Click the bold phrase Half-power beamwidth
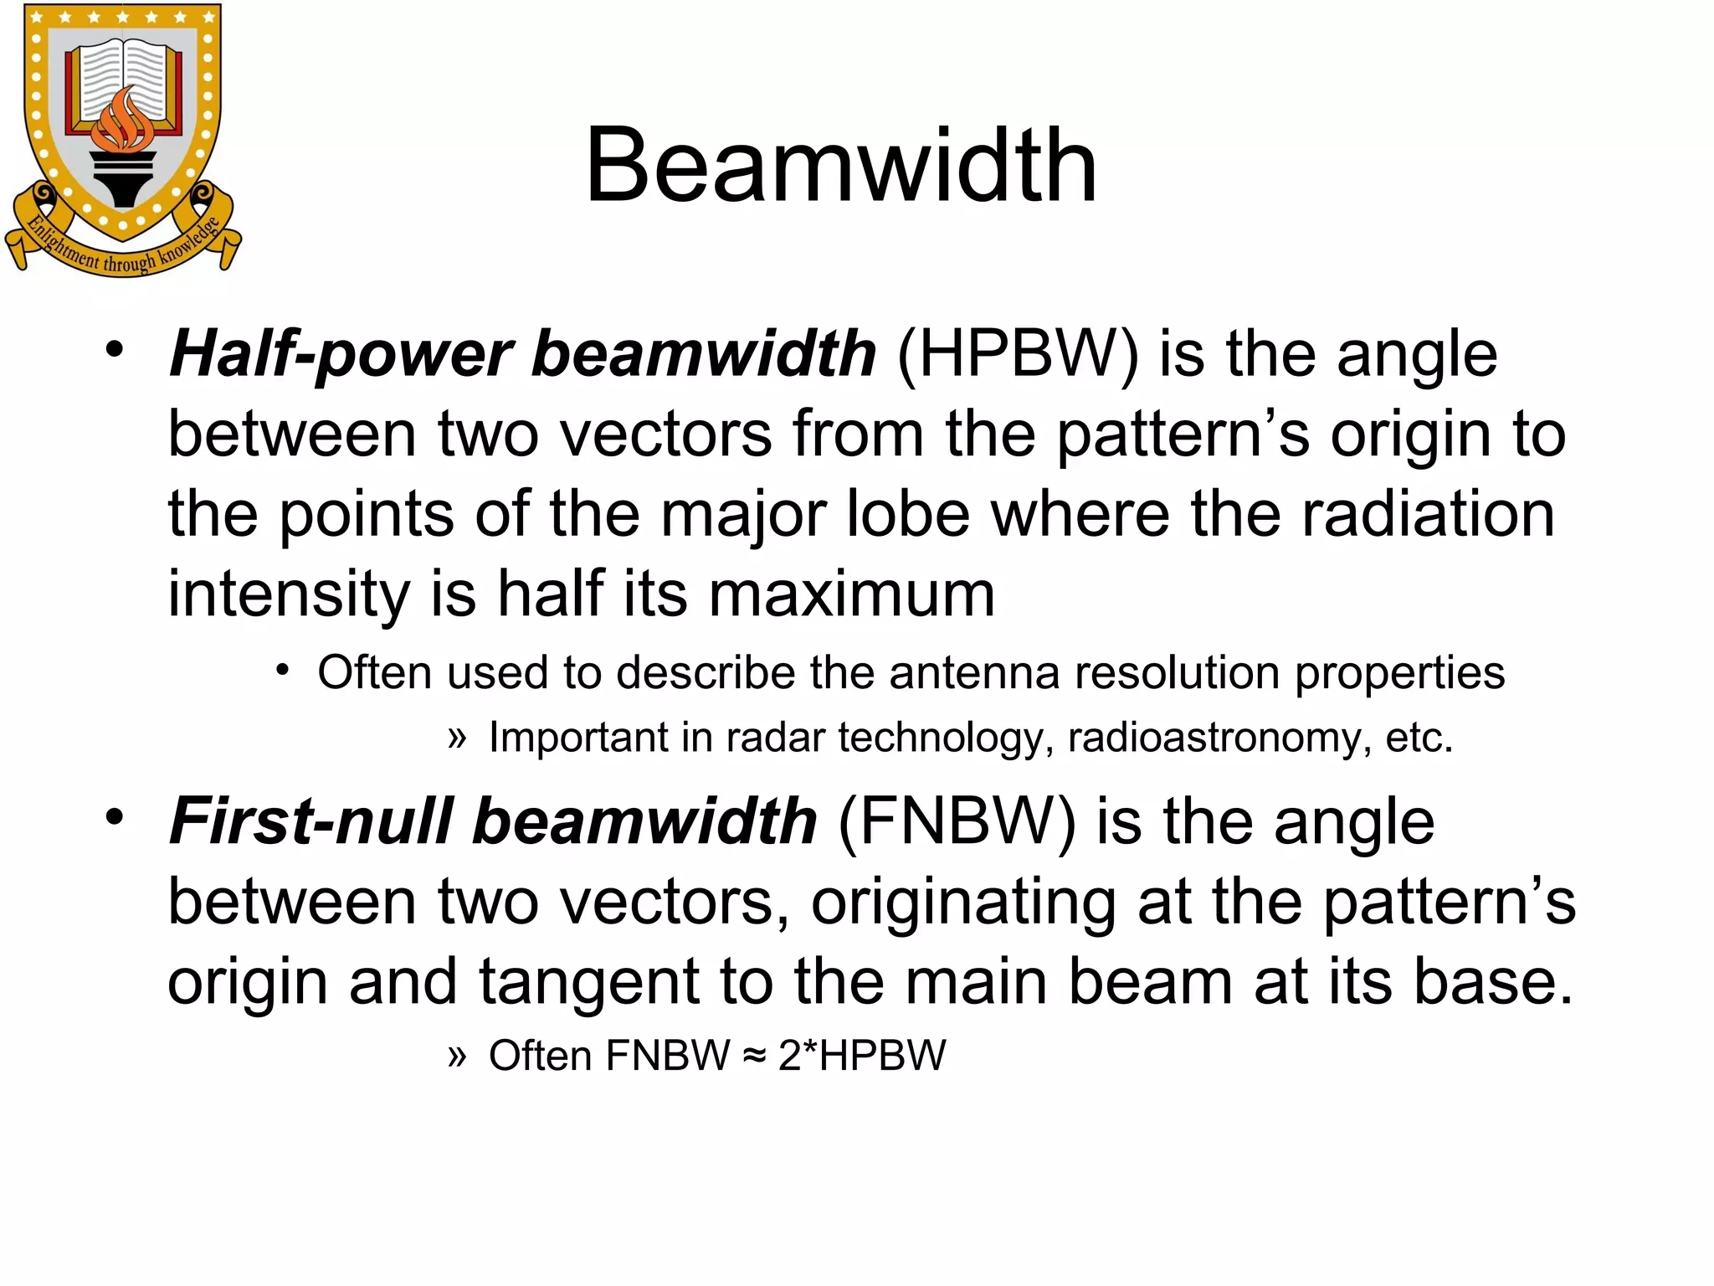tap(522, 354)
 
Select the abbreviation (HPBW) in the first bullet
tap(1017, 354)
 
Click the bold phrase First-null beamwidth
tap(493, 821)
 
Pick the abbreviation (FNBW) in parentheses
tap(956, 821)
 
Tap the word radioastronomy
tap(1219, 738)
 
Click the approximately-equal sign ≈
tap(754, 1056)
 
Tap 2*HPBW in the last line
tap(862, 1056)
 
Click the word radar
tap(774, 738)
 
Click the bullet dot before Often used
tap(283, 671)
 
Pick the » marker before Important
tap(456, 738)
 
